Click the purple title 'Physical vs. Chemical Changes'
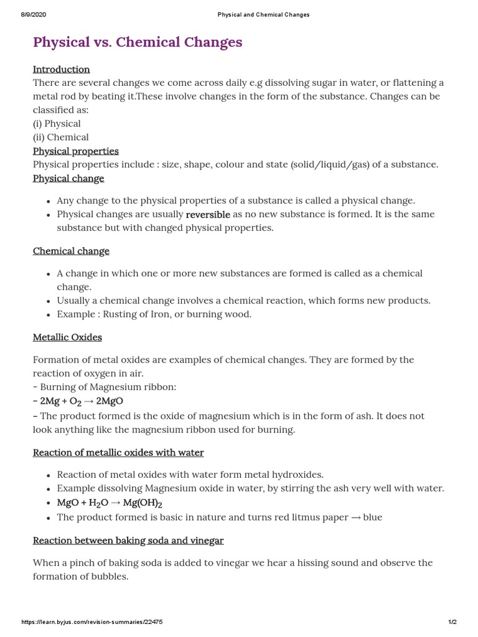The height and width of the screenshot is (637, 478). (138, 42)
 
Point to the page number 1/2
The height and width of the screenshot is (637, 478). (452, 622)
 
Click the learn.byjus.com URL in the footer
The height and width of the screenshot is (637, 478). (92, 622)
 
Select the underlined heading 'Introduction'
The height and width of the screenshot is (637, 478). (61, 69)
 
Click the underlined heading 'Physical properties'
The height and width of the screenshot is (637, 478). (75, 151)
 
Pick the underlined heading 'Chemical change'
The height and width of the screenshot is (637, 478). (71, 251)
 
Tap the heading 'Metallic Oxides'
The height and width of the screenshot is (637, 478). (67, 337)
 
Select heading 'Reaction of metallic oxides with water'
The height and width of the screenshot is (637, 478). (118, 452)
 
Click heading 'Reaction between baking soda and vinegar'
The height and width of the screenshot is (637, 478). (128, 541)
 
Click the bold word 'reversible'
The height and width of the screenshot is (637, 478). (208, 215)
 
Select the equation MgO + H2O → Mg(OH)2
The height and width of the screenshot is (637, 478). (110, 503)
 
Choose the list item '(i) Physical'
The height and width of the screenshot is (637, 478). (57, 123)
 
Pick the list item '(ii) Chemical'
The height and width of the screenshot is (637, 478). (60, 137)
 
